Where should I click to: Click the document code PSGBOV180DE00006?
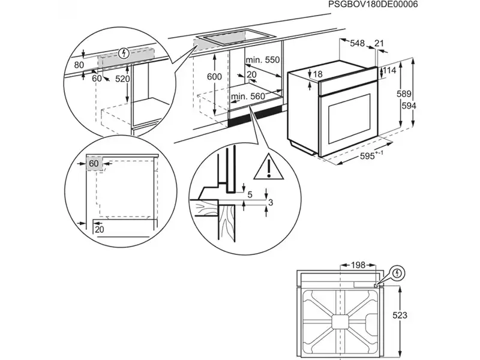pyautogui.click(x=373, y=5)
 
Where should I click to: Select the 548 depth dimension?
pyautogui.click(x=358, y=43)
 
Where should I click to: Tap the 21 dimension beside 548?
pyautogui.click(x=379, y=43)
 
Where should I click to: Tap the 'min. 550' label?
pyautogui.click(x=263, y=60)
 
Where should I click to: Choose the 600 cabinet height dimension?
pyautogui.click(x=214, y=77)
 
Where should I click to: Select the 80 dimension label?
pyautogui.click(x=79, y=65)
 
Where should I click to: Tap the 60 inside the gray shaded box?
pyautogui.click(x=94, y=163)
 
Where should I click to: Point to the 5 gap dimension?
pyautogui.click(x=250, y=194)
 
